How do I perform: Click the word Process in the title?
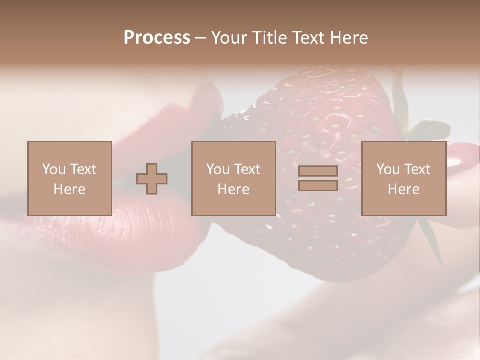(157, 38)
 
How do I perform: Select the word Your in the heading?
(231, 38)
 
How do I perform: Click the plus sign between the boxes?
(152, 179)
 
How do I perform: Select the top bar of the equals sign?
(318, 171)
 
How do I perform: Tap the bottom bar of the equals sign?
(318, 186)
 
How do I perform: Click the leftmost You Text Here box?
(69, 178)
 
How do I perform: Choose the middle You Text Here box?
(233, 178)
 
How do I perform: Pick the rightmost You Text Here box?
(403, 178)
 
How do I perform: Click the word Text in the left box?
(83, 169)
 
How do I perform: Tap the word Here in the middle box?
(233, 189)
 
